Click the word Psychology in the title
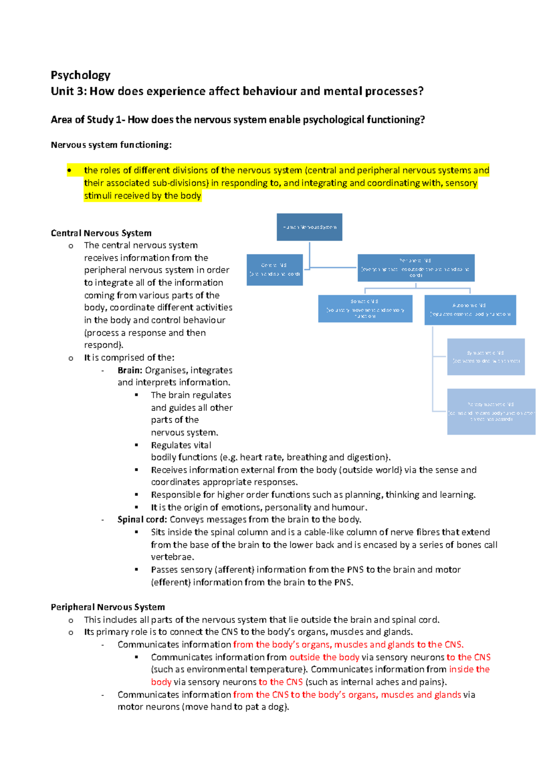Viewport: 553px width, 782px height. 81,75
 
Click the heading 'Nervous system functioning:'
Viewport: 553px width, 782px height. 111,145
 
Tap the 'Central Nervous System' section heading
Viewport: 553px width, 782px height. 101,233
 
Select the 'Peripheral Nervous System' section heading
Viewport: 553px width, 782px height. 107,607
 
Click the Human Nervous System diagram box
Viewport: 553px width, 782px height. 309,227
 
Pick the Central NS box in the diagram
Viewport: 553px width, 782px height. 275,270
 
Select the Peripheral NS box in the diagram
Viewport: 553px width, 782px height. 416,268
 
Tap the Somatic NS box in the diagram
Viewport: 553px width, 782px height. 365,308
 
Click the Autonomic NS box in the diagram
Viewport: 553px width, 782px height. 470,310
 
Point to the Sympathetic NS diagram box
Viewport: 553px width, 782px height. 486,356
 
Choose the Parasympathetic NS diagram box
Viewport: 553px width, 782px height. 491,411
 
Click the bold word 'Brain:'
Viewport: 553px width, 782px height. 130,370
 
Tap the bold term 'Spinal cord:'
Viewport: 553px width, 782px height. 142,519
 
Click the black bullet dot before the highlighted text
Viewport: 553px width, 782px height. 70,171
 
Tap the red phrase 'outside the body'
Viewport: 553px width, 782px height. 324,657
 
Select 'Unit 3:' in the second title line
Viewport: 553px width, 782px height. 69,91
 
